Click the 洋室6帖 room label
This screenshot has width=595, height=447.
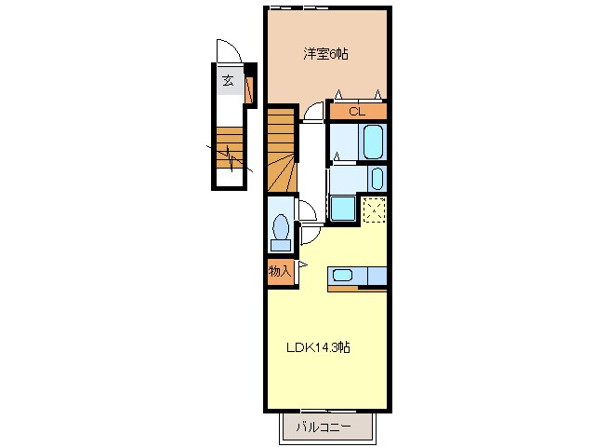325,54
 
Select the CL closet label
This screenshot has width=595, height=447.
356,112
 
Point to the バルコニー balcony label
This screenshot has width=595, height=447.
324,427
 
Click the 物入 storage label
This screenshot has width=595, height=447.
280,271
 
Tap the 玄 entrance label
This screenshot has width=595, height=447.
227,81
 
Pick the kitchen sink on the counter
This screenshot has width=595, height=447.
342,275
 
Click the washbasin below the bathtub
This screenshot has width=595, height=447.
377,178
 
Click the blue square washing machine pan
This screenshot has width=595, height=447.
342,210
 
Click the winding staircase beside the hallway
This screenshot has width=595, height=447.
281,149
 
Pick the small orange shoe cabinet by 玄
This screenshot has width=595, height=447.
248,89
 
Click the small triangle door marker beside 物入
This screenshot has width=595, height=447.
300,271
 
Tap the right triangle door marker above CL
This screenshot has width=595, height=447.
377,94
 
